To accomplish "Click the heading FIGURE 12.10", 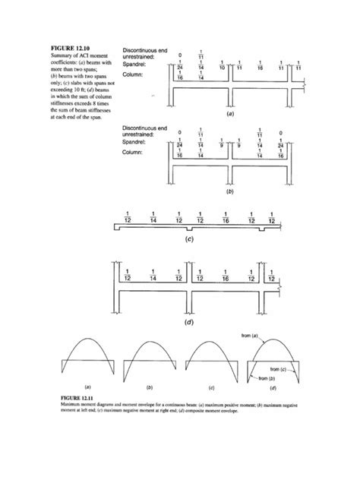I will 69,49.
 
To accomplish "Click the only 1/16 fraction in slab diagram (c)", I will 226,216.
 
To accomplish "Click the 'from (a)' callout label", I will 250,335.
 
